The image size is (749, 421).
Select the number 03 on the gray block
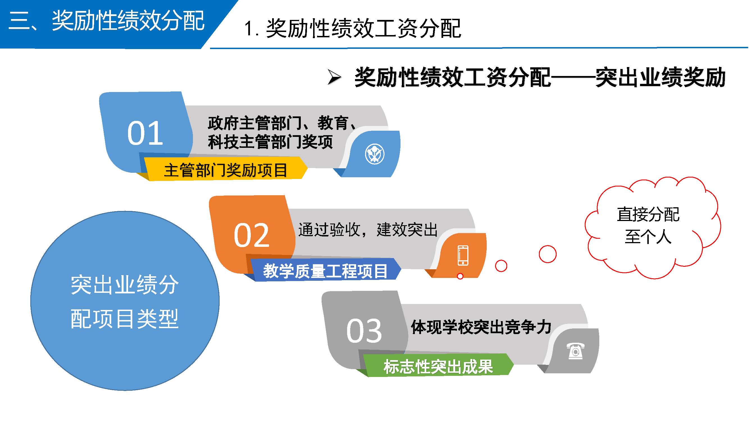[x=364, y=331]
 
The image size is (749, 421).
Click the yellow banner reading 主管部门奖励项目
[x=226, y=169]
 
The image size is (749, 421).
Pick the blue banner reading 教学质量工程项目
[x=325, y=270]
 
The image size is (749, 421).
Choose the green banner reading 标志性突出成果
[x=438, y=366]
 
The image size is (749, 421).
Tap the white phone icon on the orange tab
[x=463, y=255]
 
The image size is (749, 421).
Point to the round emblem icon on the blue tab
[x=375, y=154]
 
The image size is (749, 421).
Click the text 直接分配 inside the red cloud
[x=648, y=214]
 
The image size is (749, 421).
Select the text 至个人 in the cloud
[x=648, y=236]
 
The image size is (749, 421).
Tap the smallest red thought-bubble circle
[x=460, y=276]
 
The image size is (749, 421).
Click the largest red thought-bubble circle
[x=548, y=254]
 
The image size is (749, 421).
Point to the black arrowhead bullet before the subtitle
[x=334, y=77]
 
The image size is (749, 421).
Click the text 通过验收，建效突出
[x=368, y=230]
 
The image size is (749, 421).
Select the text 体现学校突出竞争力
[x=481, y=327]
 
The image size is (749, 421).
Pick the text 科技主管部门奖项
[x=270, y=142]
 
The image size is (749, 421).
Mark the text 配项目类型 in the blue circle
[x=124, y=319]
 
